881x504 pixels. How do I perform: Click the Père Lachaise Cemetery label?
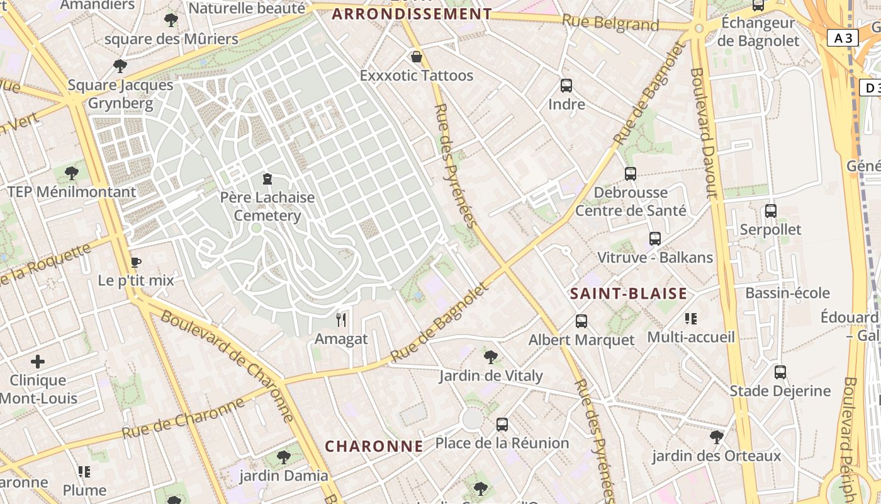[267, 207]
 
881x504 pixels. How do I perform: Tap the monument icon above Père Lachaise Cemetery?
[267, 179]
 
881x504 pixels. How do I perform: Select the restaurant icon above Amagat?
[341, 320]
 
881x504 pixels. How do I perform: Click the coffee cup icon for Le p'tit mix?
[135, 263]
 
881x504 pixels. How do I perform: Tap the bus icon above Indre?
[566, 86]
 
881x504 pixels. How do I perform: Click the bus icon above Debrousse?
[631, 174]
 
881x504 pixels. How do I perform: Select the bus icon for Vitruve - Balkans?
[655, 239]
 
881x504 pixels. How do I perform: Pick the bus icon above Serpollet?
[771, 211]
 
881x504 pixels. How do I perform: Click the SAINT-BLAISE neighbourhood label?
[628, 294]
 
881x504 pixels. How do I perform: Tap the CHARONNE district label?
[374, 446]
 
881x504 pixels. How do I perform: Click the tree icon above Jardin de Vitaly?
[491, 357]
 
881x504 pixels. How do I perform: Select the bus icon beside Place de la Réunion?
[502, 425]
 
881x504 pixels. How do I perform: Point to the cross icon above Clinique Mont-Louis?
[38, 362]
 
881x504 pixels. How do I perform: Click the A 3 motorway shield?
[843, 38]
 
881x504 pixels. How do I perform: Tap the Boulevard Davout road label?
[704, 132]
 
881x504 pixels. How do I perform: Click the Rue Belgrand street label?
[610, 23]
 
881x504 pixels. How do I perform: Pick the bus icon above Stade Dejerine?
[780, 372]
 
